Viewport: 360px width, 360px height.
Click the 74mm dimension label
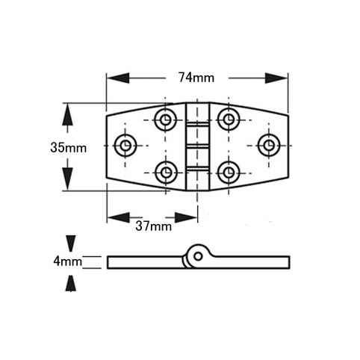(196, 78)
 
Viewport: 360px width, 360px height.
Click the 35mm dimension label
(69, 148)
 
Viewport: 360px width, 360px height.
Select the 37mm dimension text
(154, 226)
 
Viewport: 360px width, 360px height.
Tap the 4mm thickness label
(67, 261)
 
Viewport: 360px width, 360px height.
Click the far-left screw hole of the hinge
(125, 146)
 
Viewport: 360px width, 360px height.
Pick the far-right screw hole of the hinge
(269, 146)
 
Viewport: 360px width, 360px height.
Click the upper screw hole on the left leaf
(165, 120)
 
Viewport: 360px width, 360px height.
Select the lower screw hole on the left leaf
(166, 173)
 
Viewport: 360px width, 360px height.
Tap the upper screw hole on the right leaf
(229, 120)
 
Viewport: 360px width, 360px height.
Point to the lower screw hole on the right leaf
(229, 173)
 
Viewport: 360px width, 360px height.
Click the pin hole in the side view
(198, 256)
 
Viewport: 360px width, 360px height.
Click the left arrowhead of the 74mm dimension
(118, 78)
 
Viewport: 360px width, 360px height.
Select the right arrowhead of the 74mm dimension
(276, 78)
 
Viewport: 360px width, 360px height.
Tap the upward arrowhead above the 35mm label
(67, 114)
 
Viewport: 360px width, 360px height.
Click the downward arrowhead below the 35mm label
(67, 179)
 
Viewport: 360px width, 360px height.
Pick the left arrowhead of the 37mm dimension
(119, 217)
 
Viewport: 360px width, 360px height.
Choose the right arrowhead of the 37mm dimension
(186, 217)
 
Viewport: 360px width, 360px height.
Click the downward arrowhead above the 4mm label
(71, 243)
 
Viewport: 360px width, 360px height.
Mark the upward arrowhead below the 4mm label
(71, 283)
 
